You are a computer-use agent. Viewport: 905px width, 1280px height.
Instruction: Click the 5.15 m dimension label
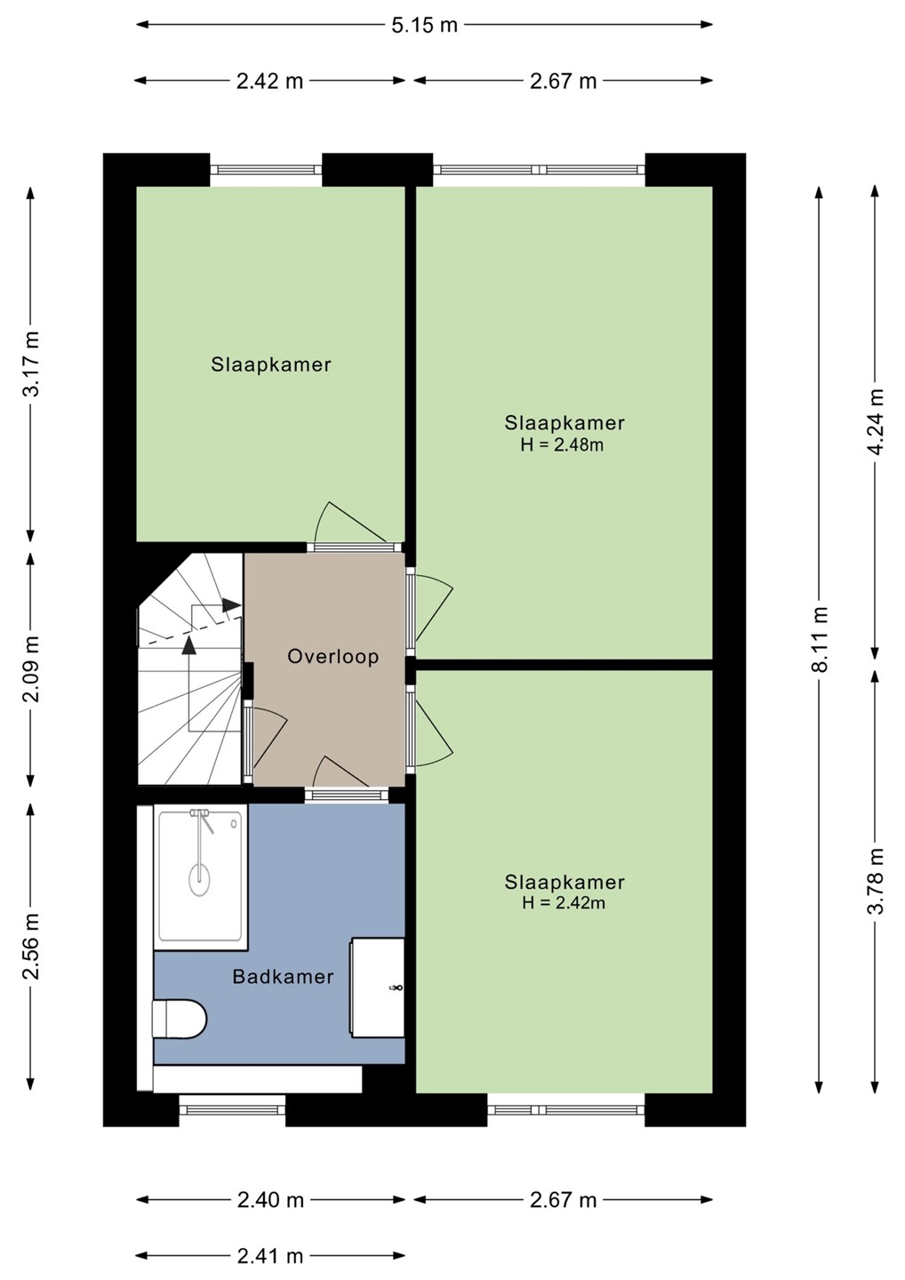pyautogui.click(x=424, y=25)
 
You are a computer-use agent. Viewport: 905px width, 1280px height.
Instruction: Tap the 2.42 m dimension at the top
pyautogui.click(x=269, y=81)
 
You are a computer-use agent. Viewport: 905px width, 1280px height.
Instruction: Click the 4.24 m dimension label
pyautogui.click(x=876, y=421)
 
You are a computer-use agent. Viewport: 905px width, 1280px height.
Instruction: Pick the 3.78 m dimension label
pyautogui.click(x=876, y=881)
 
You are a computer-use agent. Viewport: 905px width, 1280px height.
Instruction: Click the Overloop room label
pyautogui.click(x=333, y=657)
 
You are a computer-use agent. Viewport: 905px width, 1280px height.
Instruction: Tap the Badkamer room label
pyautogui.click(x=284, y=977)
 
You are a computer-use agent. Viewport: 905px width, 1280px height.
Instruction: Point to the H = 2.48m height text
pyautogui.click(x=562, y=444)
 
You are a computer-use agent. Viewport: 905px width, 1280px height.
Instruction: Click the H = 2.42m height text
pyautogui.click(x=564, y=902)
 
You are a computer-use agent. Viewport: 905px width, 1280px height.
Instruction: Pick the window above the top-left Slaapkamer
pyautogui.click(x=266, y=170)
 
